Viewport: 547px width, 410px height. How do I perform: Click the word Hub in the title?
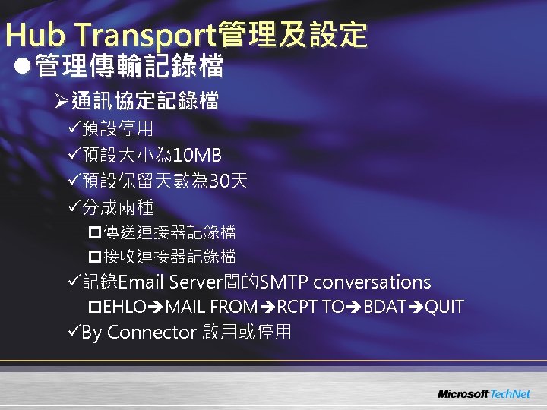tap(30, 35)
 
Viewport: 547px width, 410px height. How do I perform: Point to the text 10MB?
tap(197, 156)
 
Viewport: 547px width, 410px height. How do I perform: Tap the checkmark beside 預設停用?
tap(73, 131)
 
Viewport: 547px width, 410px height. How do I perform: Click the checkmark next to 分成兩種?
tap(73, 207)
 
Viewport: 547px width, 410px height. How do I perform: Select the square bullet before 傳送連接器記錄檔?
tap(95, 232)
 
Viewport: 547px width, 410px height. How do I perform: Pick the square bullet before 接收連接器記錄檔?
tap(95, 256)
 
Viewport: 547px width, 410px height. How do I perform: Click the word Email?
tap(141, 282)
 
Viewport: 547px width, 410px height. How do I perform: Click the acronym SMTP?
tap(283, 282)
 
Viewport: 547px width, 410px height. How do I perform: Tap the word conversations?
tap(372, 282)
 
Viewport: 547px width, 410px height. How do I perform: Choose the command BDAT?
tap(384, 307)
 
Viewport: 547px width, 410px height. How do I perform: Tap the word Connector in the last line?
tap(153, 333)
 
